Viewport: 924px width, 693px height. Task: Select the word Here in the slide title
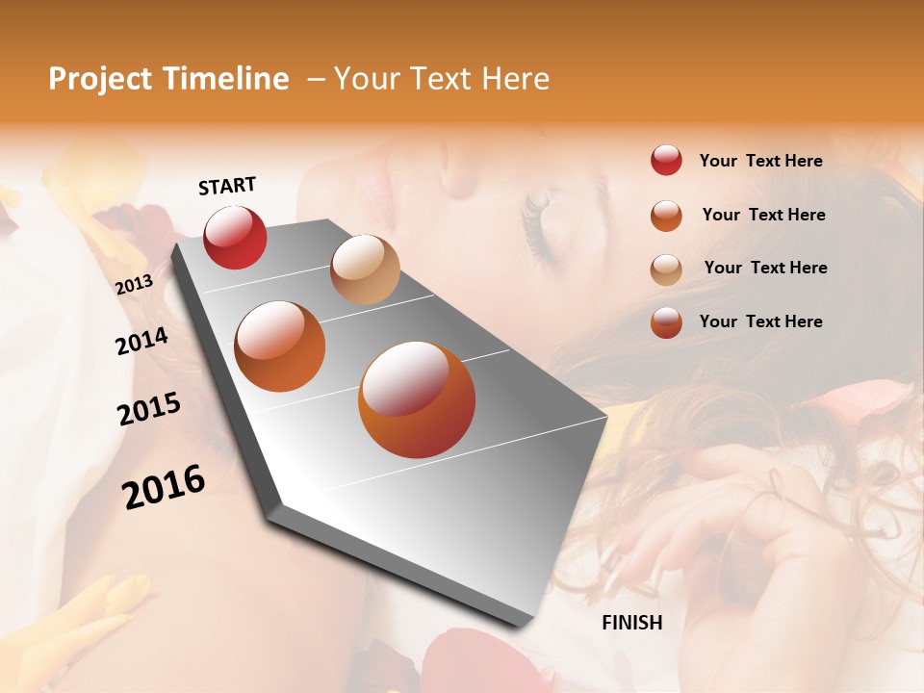[x=515, y=79]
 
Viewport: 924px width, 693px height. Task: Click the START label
[x=227, y=186]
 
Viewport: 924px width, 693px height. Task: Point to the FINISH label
[x=632, y=623]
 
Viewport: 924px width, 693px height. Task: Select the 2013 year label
[x=134, y=284]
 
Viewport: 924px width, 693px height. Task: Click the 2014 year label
[x=141, y=342]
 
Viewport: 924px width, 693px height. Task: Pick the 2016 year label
[x=164, y=486]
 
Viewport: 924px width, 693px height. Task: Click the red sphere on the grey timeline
[x=235, y=237]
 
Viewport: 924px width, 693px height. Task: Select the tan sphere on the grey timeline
[x=365, y=269]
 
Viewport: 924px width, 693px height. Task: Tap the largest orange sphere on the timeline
[x=417, y=399]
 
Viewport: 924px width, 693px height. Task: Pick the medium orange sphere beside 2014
[x=280, y=346]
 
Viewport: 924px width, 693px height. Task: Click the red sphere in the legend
[x=666, y=160]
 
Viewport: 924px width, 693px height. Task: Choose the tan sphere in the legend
[x=666, y=269]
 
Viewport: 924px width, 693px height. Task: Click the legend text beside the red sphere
[x=760, y=161]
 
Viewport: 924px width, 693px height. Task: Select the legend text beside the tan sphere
[x=765, y=268]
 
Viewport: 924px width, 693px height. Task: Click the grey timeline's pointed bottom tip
[x=525, y=624]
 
